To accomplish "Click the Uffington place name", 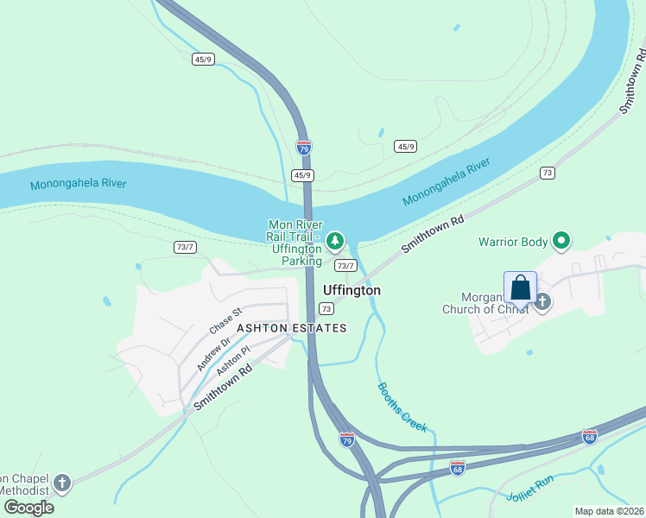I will pyautogui.click(x=351, y=291).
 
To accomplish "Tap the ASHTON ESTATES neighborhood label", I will pyautogui.click(x=292, y=328).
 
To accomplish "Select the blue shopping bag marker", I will pyautogui.click(x=520, y=287).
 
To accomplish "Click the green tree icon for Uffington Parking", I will pyautogui.click(x=335, y=241).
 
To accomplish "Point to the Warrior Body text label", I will pyautogui.click(x=514, y=242).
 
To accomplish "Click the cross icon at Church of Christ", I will pyautogui.click(x=542, y=301).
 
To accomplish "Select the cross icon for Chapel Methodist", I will pyautogui.click(x=61, y=483).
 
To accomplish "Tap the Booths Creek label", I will pyautogui.click(x=402, y=407).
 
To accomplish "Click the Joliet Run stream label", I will pyautogui.click(x=531, y=489).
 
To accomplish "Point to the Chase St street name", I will pyautogui.click(x=226, y=319).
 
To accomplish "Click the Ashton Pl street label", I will pyautogui.click(x=233, y=360).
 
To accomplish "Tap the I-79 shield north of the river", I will pyautogui.click(x=303, y=148).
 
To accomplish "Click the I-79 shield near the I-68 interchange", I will pyautogui.click(x=346, y=439).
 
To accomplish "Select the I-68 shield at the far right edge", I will pyautogui.click(x=590, y=437).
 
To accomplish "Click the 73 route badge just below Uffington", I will pyautogui.click(x=326, y=308).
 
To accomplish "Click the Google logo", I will pyautogui.click(x=28, y=507).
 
